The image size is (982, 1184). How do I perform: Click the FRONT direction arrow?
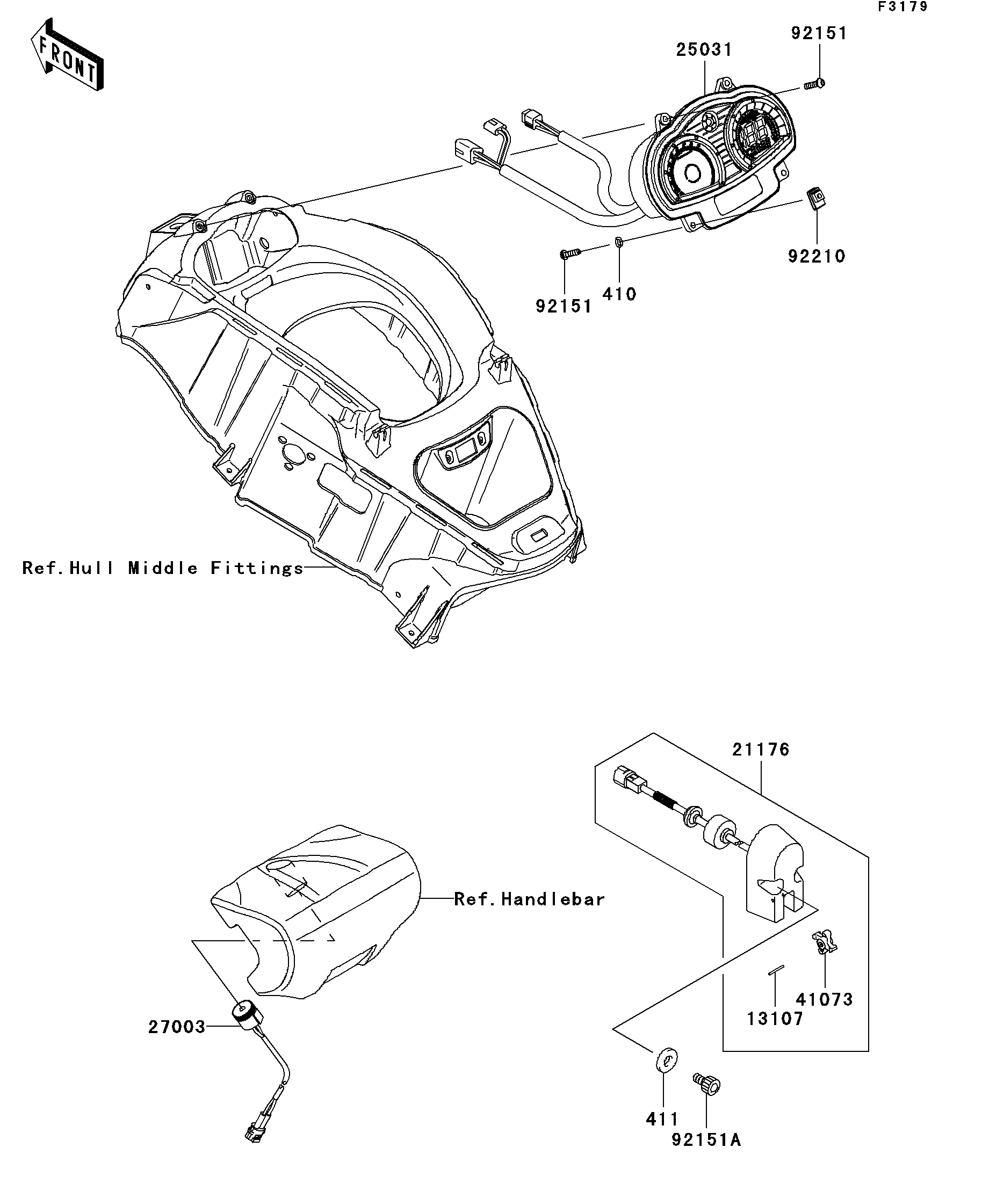click(67, 54)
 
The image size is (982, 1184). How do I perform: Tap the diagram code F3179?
click(902, 7)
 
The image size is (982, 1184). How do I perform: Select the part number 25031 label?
click(704, 49)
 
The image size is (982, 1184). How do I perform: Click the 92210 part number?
click(817, 257)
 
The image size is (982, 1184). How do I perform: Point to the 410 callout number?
click(619, 294)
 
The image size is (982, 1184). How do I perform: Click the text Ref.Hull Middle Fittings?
click(163, 568)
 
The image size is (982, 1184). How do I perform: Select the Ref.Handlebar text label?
click(530, 899)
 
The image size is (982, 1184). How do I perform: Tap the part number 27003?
click(177, 1027)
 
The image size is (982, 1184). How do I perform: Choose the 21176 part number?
click(761, 749)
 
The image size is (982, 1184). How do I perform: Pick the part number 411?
click(662, 1118)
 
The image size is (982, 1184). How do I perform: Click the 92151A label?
click(706, 1140)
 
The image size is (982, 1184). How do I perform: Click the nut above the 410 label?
click(618, 243)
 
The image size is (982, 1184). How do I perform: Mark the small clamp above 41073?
click(824, 943)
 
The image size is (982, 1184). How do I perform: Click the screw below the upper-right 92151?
click(813, 84)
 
